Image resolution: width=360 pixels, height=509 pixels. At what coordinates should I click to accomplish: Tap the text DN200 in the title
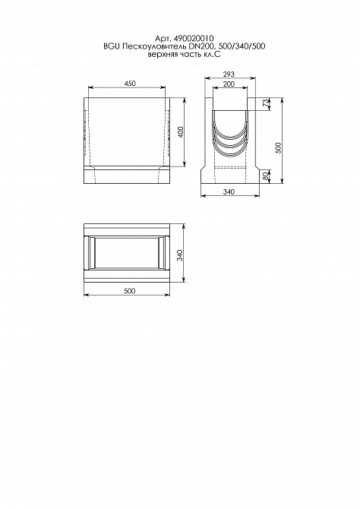(x=200, y=47)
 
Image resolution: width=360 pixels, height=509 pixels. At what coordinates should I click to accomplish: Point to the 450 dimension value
(x=130, y=84)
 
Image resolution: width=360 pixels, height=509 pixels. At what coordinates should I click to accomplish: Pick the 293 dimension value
(x=229, y=74)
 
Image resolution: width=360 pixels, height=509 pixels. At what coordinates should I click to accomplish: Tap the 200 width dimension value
(x=229, y=84)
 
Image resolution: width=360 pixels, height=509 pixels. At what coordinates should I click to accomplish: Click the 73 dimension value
(x=266, y=103)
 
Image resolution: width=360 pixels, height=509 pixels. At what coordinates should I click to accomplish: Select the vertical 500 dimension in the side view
(x=278, y=148)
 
